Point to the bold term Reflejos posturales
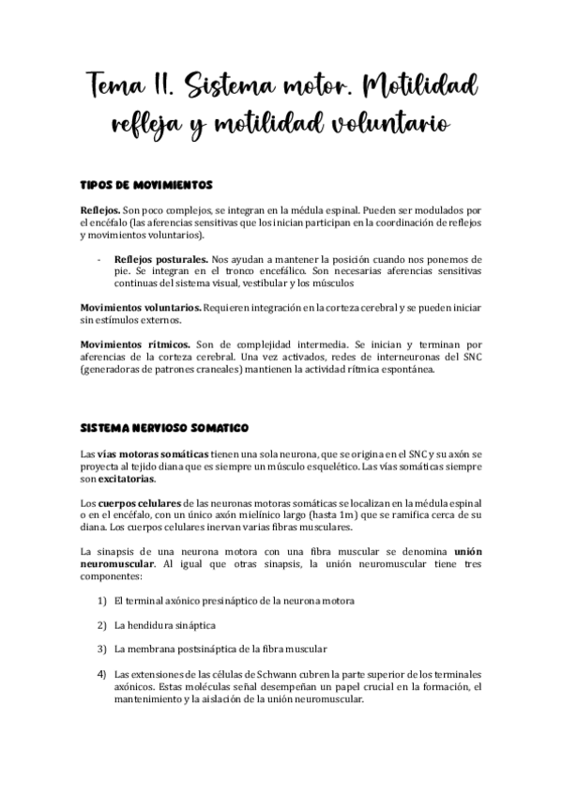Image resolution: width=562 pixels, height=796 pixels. point(160,257)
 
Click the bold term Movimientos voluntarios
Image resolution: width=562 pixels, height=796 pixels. point(139,307)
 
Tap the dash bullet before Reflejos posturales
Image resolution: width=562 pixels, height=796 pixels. point(99,257)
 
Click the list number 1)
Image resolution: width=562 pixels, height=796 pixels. point(101,600)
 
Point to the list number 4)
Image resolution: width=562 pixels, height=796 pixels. point(101,673)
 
